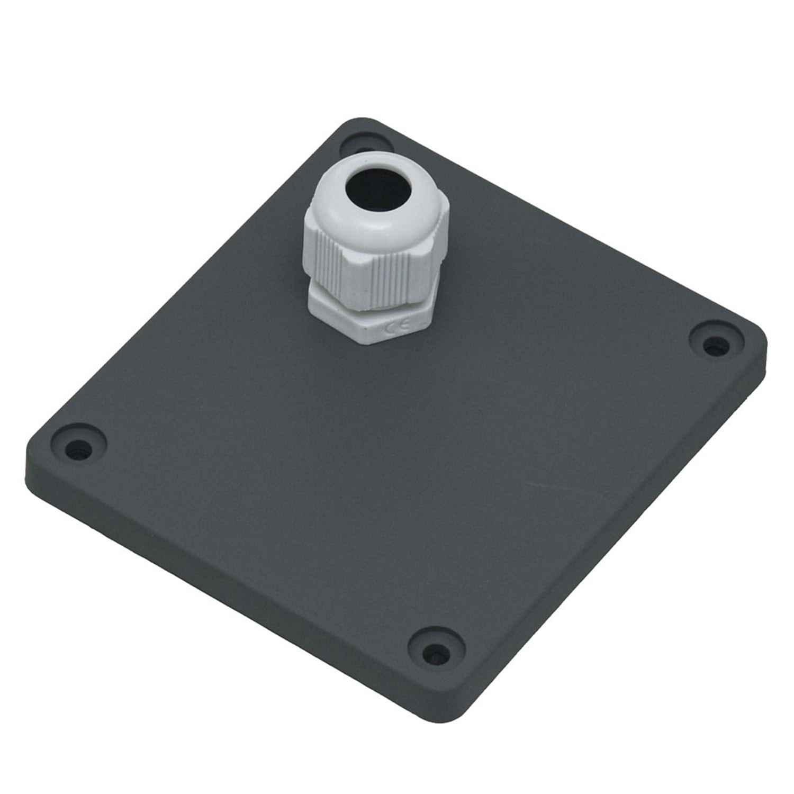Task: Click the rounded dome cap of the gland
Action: click(377, 196)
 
